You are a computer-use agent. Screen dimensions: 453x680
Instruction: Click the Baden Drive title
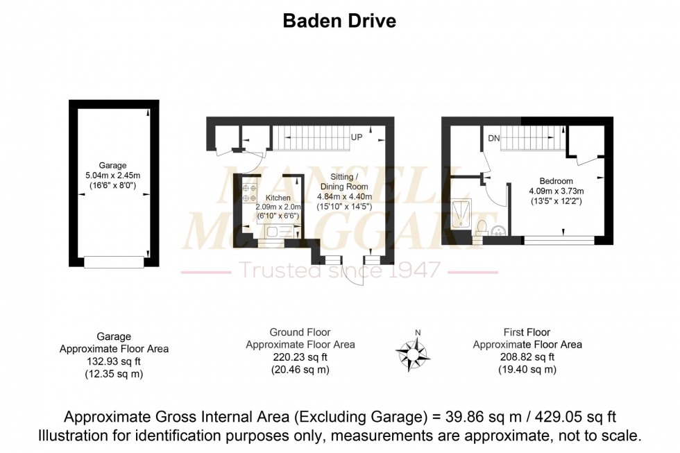[x=339, y=21]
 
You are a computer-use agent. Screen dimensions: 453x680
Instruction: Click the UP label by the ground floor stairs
[x=357, y=137]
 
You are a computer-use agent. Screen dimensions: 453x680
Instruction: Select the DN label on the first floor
[x=493, y=139]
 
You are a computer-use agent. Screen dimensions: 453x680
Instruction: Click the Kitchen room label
[x=269, y=198]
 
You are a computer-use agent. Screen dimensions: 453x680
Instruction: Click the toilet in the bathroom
[x=482, y=228]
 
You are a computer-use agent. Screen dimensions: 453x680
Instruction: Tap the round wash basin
[x=498, y=230]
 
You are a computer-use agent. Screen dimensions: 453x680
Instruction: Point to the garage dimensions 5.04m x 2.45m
[x=112, y=176]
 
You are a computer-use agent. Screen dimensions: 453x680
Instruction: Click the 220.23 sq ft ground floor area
[x=300, y=357]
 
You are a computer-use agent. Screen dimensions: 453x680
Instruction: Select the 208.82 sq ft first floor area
[x=527, y=357]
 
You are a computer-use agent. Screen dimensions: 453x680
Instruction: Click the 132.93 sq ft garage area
[x=114, y=361]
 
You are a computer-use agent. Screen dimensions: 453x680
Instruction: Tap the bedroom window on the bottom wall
[x=559, y=240]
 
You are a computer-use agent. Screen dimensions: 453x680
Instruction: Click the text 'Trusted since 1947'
[x=339, y=271]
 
